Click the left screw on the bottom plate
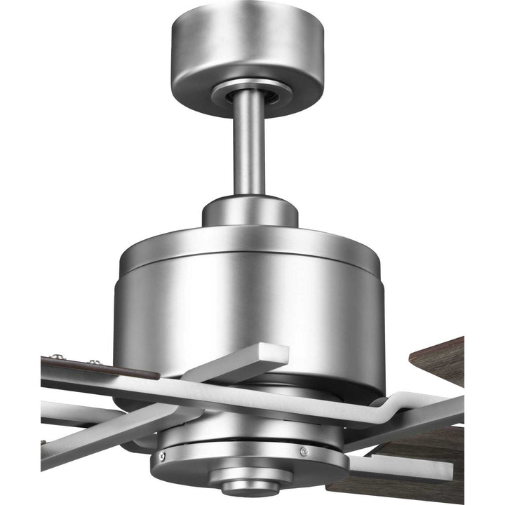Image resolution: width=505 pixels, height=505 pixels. pyautogui.click(x=163, y=457)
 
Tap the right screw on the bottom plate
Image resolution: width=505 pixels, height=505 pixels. pyautogui.click(x=303, y=451)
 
